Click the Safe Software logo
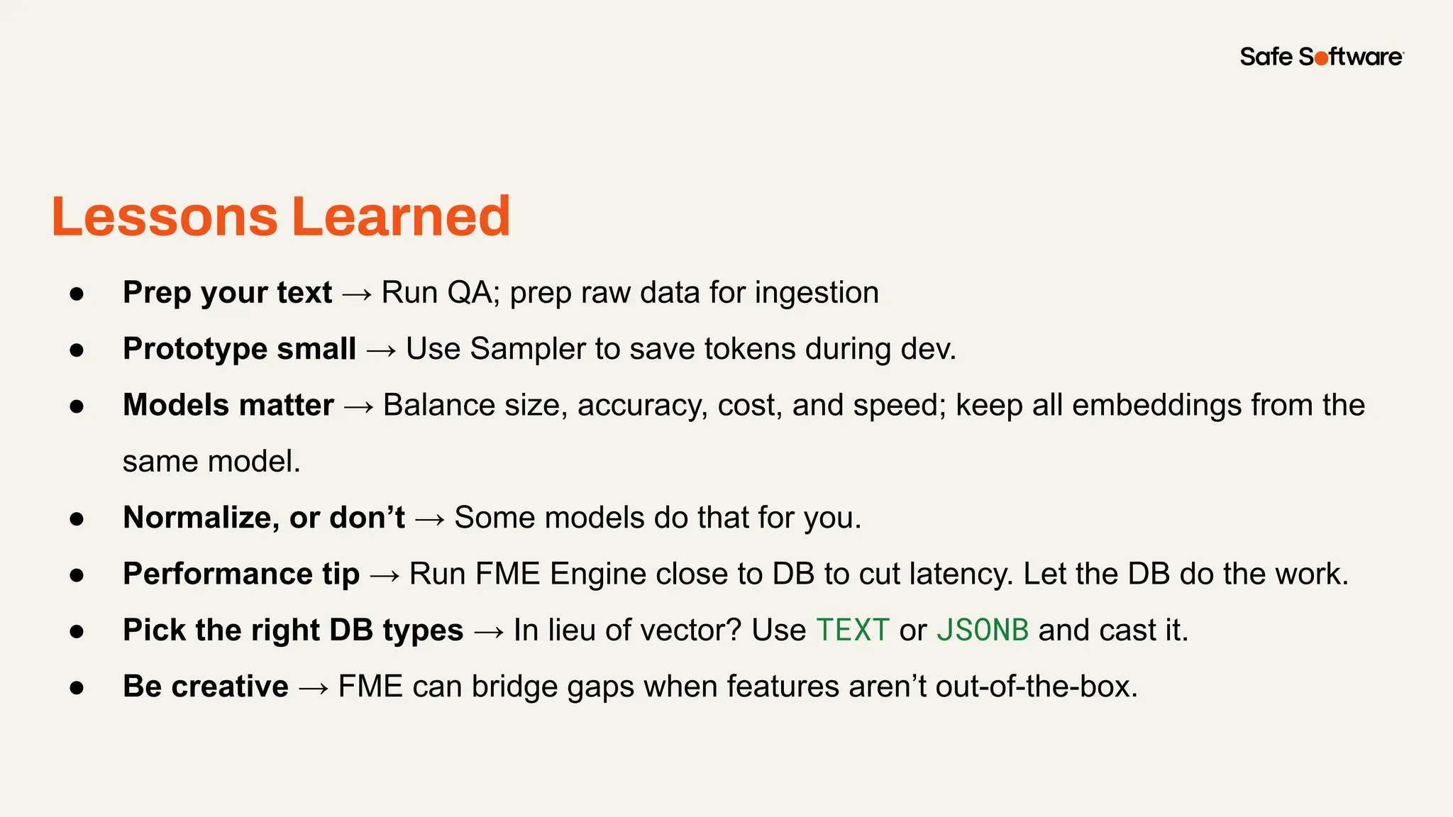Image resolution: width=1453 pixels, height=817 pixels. click(x=1321, y=57)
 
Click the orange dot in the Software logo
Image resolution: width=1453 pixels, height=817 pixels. click(x=1321, y=59)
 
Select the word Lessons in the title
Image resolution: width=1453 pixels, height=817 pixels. click(x=165, y=216)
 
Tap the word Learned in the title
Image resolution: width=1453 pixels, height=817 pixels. click(x=401, y=216)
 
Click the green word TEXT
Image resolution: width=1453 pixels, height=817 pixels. click(x=852, y=630)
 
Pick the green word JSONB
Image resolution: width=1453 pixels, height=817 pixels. click(x=982, y=630)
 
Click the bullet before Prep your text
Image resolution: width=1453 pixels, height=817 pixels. click(x=77, y=294)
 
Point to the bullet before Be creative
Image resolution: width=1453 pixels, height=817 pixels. click(x=77, y=687)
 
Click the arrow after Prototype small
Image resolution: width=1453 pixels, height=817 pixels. click(x=381, y=350)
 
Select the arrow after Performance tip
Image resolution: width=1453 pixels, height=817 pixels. click(x=385, y=575)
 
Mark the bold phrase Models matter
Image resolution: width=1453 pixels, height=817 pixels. click(x=228, y=406)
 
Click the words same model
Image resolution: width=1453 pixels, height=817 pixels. click(x=211, y=462)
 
